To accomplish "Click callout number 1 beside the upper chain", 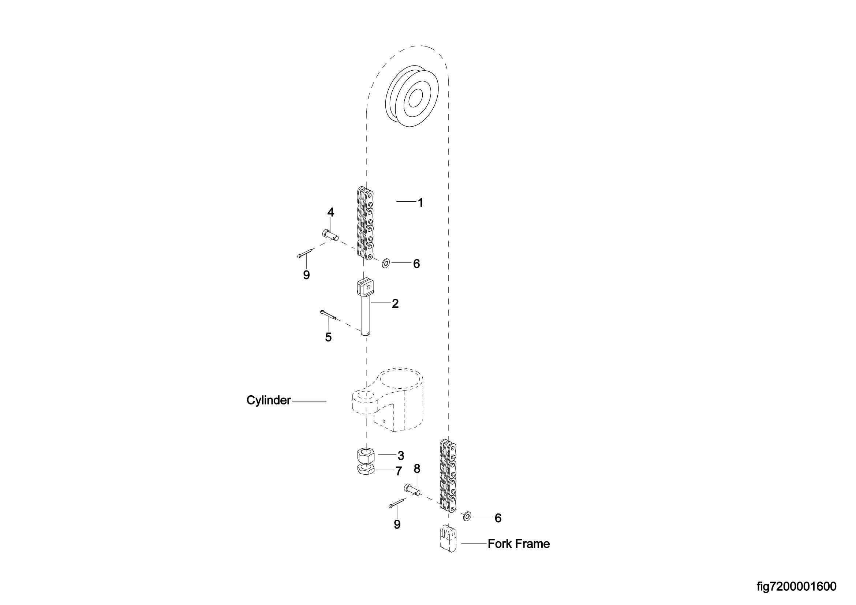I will point(420,203).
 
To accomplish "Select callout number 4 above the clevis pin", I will point(331,213).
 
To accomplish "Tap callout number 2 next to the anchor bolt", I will point(395,304).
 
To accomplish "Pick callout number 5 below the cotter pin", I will point(328,337).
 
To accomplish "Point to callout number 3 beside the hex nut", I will point(401,456).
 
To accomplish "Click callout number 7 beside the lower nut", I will point(399,471).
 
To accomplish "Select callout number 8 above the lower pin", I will point(417,469).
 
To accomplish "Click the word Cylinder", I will point(268,400).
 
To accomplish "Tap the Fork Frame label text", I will point(519,544).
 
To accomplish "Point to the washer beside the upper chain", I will point(385,264).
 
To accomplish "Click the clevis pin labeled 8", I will point(412,489).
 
